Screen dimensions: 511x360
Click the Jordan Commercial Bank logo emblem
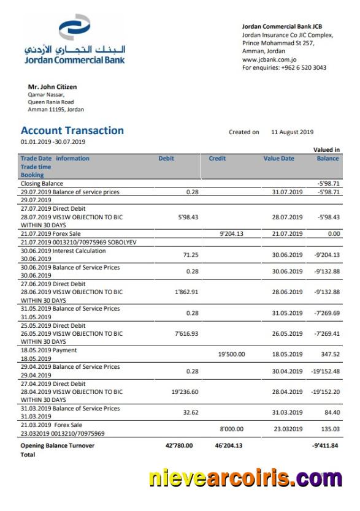(x=74, y=29)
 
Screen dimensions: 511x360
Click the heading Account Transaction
(x=72, y=131)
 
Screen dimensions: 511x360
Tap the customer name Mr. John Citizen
(x=53, y=87)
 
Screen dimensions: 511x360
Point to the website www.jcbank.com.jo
(x=270, y=59)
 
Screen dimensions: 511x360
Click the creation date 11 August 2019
(x=292, y=132)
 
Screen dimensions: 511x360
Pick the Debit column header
(x=166, y=158)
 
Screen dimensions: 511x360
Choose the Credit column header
(x=218, y=158)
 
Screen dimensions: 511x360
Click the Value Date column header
(x=279, y=158)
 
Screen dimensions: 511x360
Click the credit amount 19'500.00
(x=232, y=354)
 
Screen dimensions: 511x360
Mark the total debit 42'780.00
(x=180, y=445)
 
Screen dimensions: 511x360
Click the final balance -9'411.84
(x=325, y=445)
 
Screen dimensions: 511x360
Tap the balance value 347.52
(x=329, y=354)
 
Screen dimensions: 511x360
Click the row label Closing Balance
(x=42, y=183)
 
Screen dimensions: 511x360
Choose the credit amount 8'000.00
(x=231, y=429)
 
